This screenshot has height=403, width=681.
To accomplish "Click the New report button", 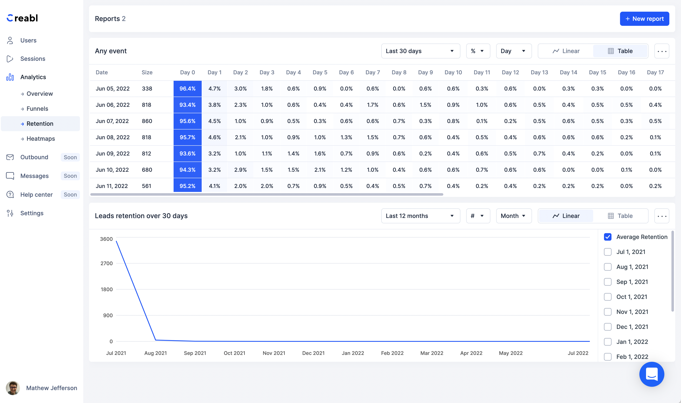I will tap(644, 19).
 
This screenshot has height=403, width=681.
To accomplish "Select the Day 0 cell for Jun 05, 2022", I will tap(187, 88).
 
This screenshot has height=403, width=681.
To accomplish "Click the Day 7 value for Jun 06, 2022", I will tap(372, 105).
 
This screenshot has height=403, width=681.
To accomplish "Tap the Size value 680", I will tap(147, 170).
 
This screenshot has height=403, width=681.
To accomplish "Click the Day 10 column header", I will tap(453, 72).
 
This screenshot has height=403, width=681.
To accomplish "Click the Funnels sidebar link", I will tap(37, 109).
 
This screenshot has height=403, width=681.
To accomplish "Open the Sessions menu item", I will tap(33, 59).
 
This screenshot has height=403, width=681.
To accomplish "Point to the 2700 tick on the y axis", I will tap(106, 263).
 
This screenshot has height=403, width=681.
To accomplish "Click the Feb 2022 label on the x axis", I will tap(392, 353).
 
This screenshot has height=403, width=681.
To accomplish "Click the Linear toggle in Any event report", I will tap(566, 51).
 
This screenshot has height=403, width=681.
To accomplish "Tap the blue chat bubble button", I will tap(651, 374).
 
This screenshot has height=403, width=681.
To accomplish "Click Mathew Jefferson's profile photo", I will tap(13, 388).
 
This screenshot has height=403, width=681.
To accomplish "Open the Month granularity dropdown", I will tap(513, 216).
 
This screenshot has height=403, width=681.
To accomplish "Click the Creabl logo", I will tap(22, 18).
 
